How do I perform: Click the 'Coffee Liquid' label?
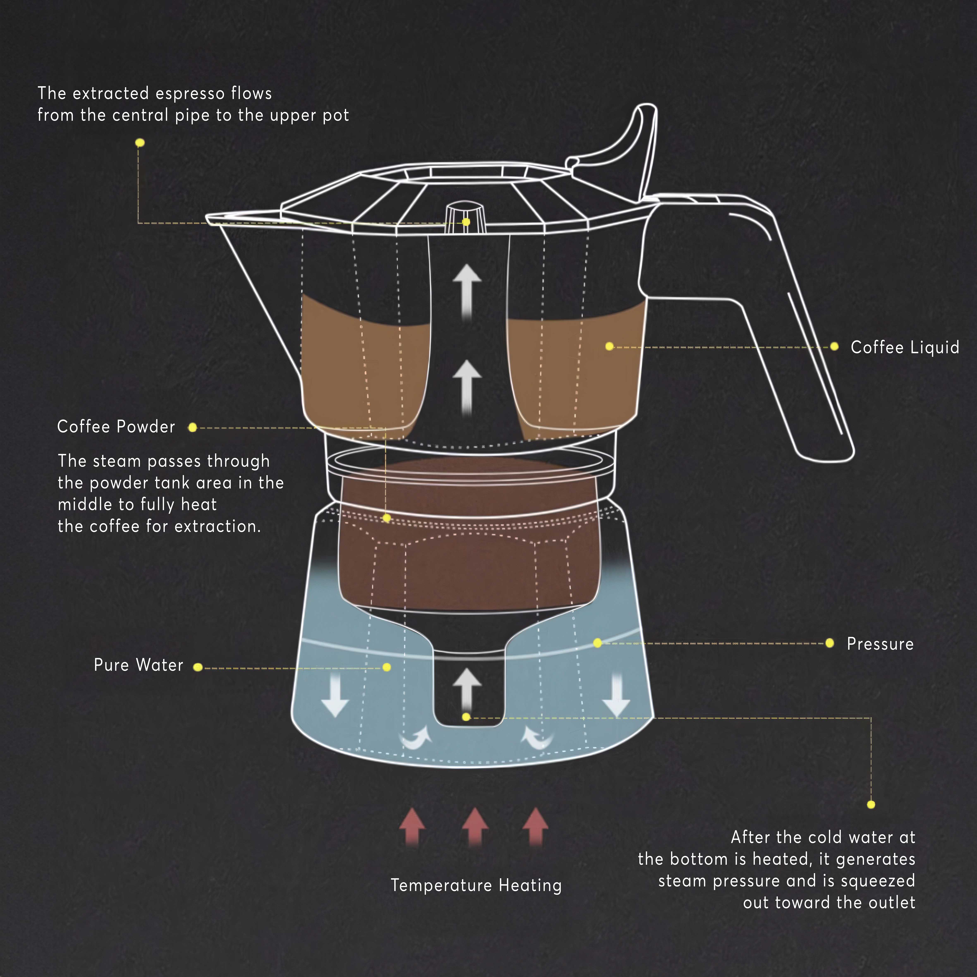(x=905, y=347)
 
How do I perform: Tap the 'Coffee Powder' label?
(x=116, y=427)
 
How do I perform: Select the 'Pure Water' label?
(x=139, y=665)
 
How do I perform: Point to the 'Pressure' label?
(x=880, y=644)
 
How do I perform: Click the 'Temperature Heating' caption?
(x=476, y=885)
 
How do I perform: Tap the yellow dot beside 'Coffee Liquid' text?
(x=834, y=346)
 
